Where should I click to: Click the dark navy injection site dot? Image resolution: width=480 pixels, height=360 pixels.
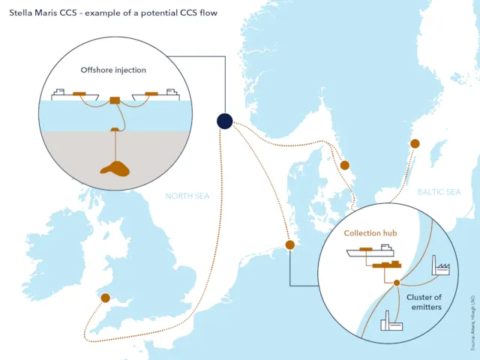224,121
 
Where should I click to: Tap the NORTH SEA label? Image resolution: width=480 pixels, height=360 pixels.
187,196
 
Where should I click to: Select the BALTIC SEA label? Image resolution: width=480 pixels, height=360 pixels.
439,193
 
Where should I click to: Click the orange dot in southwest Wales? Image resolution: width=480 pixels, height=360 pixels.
105,298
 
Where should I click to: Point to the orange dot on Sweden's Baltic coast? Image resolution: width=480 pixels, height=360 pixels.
414,143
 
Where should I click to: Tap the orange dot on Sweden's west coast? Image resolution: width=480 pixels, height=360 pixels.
345,165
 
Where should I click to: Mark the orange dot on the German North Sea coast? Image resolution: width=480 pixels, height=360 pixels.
290,244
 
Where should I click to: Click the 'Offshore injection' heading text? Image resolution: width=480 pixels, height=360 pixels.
113,70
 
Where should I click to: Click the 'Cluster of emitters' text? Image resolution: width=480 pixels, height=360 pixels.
424,301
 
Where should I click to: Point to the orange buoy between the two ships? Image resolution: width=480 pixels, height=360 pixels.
115,100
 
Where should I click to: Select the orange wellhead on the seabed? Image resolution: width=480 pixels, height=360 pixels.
114,130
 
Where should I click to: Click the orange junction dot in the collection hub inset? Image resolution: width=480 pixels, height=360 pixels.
397,283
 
